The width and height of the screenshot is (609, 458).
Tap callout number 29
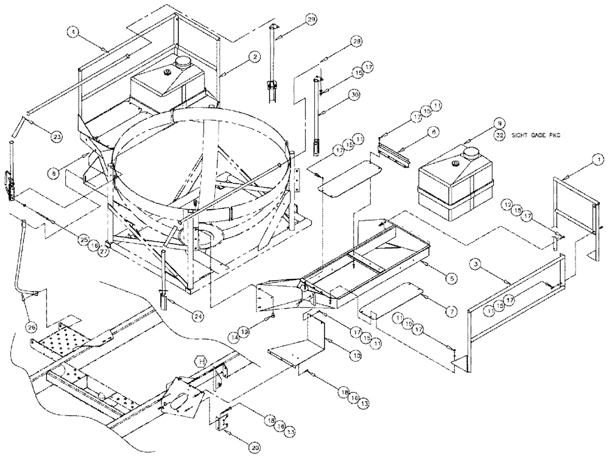click(x=311, y=21)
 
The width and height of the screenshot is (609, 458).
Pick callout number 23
click(x=56, y=137)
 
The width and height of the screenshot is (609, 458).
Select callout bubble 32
click(x=499, y=136)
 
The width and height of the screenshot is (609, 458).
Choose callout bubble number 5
click(x=451, y=278)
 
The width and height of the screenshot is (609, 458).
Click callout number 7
click(x=451, y=311)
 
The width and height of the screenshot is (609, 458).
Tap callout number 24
click(x=198, y=316)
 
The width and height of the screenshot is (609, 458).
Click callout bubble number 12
click(x=506, y=203)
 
